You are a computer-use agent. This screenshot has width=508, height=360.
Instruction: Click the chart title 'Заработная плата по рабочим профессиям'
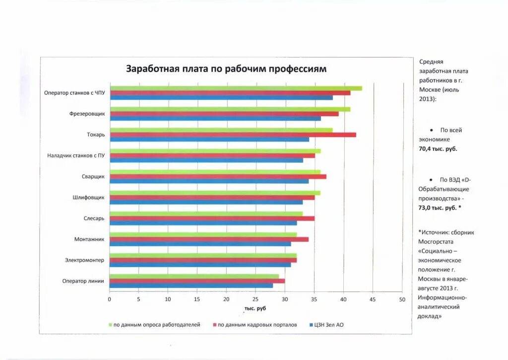coord(226,69)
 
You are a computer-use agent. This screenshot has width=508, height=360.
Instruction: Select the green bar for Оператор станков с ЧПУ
coord(236,88)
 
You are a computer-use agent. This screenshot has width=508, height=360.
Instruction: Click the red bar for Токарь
coord(233,135)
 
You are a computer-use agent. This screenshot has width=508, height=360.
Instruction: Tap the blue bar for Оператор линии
coord(191,286)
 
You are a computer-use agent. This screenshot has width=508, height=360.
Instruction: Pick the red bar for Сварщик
coord(218,176)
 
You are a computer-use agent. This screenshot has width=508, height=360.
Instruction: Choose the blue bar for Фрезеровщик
coord(215,118)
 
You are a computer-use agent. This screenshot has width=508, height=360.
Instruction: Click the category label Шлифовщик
coord(88,198)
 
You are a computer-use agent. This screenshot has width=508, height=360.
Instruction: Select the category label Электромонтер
coord(84,260)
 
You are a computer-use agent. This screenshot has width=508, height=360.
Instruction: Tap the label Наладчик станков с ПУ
coord(76,155)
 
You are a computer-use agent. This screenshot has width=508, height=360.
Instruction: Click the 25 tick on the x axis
coord(255,299)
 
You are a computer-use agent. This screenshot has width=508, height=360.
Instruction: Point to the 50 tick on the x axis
coord(402,299)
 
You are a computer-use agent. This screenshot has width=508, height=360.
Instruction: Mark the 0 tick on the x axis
coord(110,299)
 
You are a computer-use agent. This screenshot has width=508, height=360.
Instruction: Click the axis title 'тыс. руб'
coord(255,309)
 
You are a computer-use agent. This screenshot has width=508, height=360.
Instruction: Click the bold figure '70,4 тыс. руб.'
coord(438,148)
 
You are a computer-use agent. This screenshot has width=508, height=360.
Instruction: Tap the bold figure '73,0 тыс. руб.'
coord(438,208)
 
